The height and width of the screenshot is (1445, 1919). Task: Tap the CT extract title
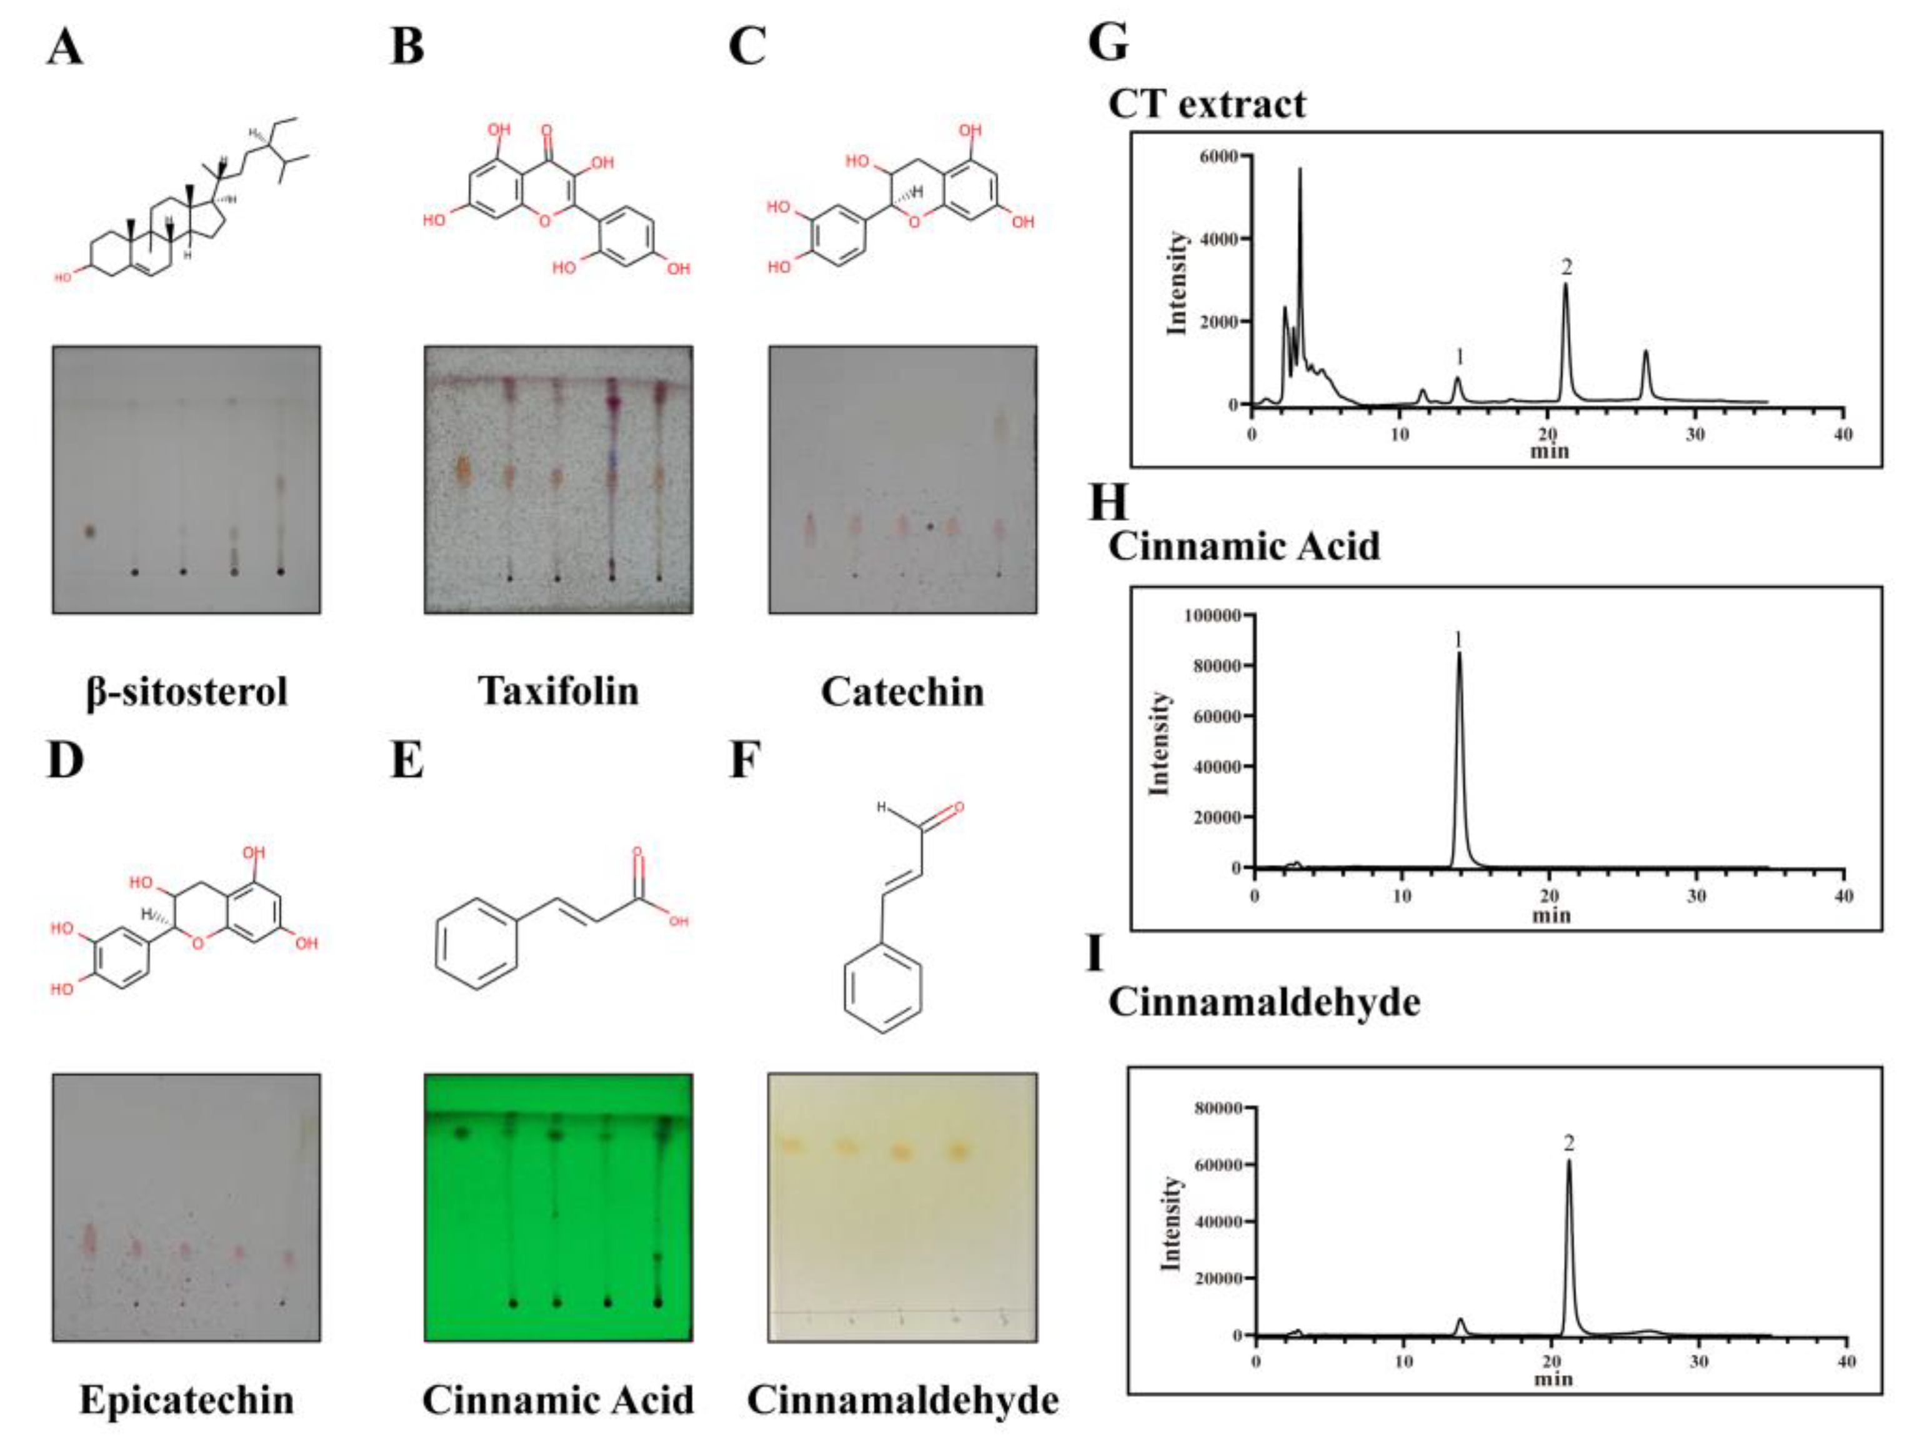click(1207, 105)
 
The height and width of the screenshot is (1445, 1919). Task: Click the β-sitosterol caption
click(186, 692)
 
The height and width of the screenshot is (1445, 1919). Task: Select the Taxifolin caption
click(559, 692)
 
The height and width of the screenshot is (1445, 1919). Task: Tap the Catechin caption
click(902, 692)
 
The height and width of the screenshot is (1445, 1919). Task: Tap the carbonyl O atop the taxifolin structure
click(547, 132)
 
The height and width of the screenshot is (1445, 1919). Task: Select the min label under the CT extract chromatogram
click(1550, 451)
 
